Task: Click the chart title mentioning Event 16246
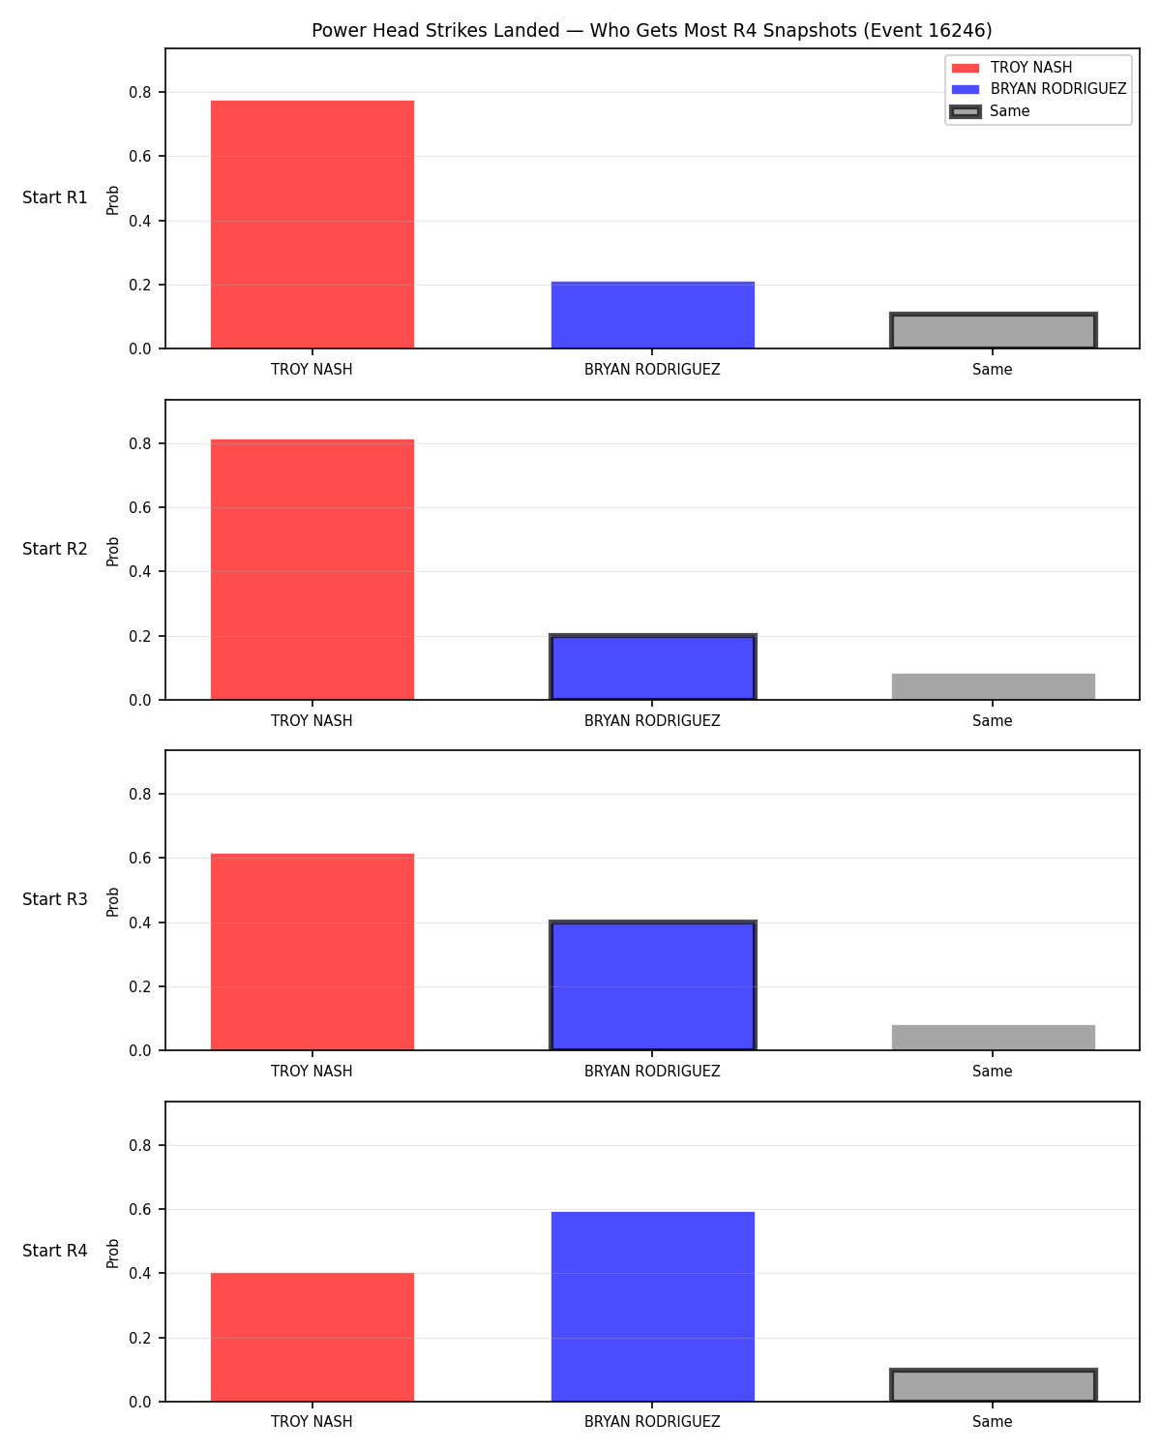tap(651, 30)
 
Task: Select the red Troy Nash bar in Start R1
tap(312, 224)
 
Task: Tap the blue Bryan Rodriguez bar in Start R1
tap(652, 315)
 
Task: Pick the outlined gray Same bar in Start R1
tap(993, 331)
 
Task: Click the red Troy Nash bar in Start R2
tap(312, 569)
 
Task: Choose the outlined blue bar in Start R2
tap(652, 667)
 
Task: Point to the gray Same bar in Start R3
tap(993, 1037)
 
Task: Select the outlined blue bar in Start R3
tap(652, 984)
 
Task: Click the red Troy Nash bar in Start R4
tap(312, 1337)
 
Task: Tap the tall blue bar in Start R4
tap(652, 1306)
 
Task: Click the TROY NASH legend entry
tap(1011, 68)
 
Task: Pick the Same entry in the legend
tap(989, 110)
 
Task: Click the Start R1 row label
tap(54, 197)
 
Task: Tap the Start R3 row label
tap(54, 898)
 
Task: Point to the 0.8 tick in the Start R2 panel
tap(139, 443)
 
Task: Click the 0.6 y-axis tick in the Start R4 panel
tap(139, 1209)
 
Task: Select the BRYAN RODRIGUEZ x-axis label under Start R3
tap(652, 1071)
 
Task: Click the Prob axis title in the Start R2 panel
tap(112, 551)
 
